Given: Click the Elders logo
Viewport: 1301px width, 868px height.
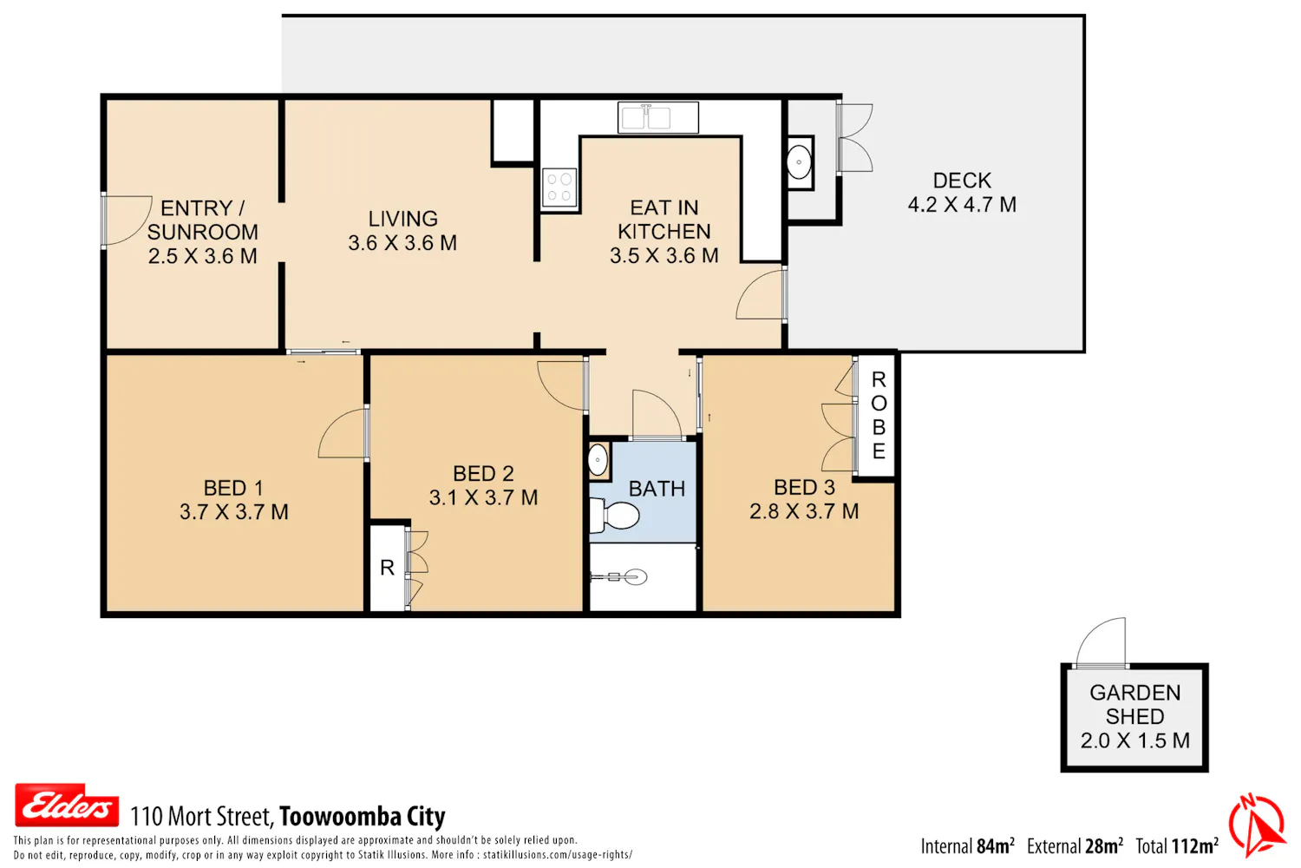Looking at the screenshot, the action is point(67,805).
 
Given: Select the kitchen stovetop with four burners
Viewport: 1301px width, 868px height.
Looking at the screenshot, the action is point(559,187).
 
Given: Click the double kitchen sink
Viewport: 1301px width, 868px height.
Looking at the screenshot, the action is point(658,117).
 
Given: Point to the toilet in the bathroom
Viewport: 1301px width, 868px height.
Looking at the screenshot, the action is point(614,515).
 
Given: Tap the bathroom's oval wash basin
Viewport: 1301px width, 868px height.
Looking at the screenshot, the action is point(598,460).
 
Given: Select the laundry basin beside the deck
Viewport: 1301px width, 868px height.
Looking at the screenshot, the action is point(799,162).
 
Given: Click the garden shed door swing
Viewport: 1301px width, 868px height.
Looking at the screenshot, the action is point(1100,642).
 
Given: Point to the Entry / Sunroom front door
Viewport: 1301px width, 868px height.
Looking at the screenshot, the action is point(127,220).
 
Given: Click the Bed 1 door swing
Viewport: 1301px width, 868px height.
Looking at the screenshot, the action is point(343,433).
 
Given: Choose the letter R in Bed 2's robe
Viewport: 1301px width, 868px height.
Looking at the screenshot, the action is point(387,568).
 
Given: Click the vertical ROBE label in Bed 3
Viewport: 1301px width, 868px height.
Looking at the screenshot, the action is point(879,415).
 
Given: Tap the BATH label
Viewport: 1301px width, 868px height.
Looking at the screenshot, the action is point(657,489).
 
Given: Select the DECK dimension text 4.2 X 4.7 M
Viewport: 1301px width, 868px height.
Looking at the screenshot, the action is point(962,205).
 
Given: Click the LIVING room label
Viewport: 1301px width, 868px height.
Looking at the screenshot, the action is point(402,219).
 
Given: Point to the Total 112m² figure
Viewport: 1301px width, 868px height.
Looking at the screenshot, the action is point(1177,846).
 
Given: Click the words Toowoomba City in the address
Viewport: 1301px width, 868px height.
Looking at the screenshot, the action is point(363,817).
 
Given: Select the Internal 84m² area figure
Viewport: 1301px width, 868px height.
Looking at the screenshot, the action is point(968,846).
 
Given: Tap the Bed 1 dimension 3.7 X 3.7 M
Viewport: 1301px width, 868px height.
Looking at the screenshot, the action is point(233,511).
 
